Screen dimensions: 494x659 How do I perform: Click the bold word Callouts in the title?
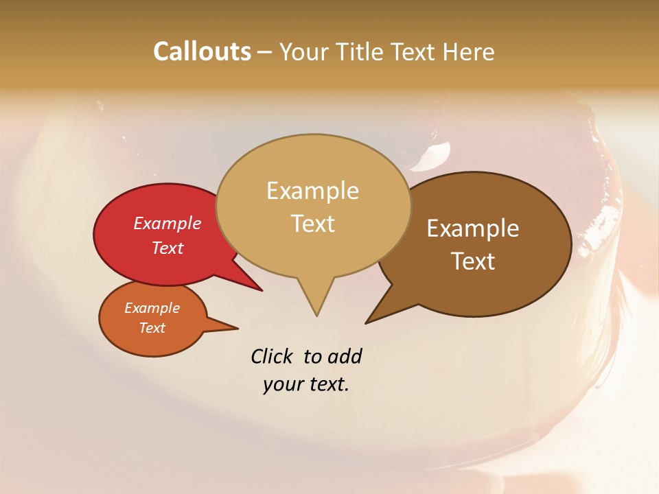[202, 51]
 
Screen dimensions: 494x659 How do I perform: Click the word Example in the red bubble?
[167, 223]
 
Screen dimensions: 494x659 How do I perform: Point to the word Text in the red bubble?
[167, 248]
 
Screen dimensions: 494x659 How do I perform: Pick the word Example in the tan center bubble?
[312, 191]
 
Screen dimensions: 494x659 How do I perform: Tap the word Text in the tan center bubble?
[312, 224]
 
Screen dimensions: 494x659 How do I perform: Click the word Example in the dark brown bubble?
[473, 228]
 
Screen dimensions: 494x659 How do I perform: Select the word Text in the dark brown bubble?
[473, 261]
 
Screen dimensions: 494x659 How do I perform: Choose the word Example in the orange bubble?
[152, 308]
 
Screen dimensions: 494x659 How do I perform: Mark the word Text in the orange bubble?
[152, 328]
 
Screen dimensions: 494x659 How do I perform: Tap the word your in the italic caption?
[281, 384]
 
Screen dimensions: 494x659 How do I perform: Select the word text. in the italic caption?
[326, 384]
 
